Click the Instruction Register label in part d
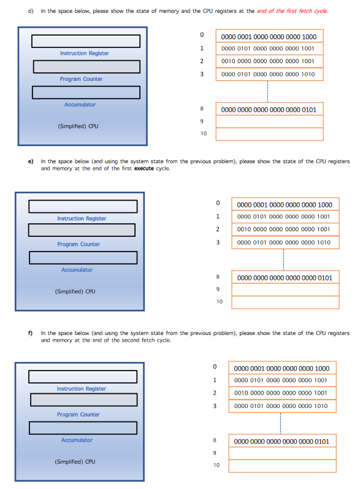point(85,53)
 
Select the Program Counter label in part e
point(79,244)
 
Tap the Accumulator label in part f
point(77,440)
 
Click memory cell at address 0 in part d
point(269,36)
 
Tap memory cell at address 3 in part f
point(281,406)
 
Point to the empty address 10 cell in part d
point(269,134)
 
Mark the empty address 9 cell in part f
point(281,453)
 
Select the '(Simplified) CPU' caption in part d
point(78,126)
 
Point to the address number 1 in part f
point(215,380)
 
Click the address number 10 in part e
point(219,302)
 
